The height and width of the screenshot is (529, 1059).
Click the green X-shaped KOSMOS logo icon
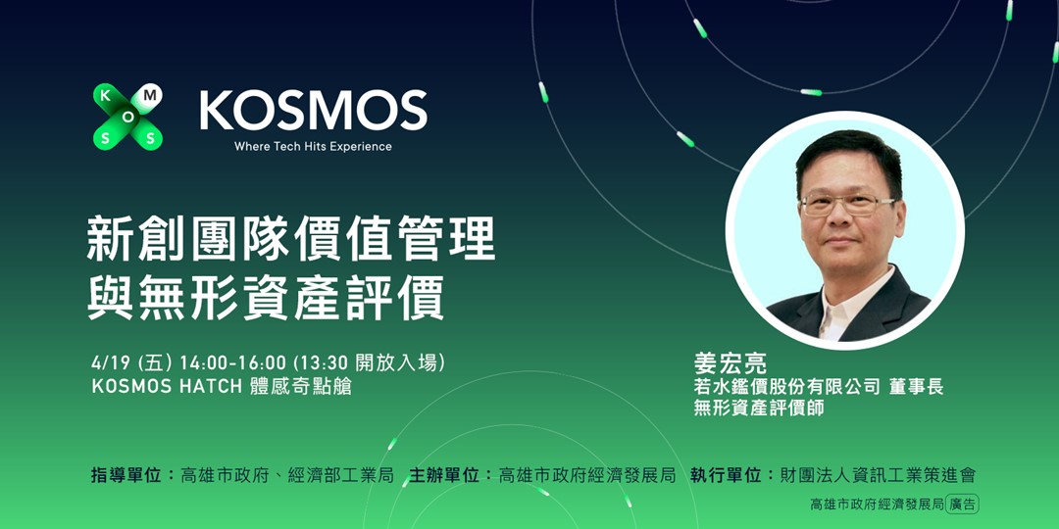[x=127, y=117]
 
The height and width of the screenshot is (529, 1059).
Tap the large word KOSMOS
[x=314, y=111]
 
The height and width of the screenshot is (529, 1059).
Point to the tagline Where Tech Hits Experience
[x=313, y=147]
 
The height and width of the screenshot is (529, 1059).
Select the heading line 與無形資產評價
[x=266, y=298]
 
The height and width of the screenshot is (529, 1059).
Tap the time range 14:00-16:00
[x=232, y=362]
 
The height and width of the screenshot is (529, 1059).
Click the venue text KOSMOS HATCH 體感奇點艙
[x=222, y=386]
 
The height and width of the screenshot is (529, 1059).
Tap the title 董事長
[x=917, y=387]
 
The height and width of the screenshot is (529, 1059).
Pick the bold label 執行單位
[x=726, y=476]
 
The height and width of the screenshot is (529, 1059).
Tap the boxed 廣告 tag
[x=963, y=505]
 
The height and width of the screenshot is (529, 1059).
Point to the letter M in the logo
[x=149, y=96]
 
